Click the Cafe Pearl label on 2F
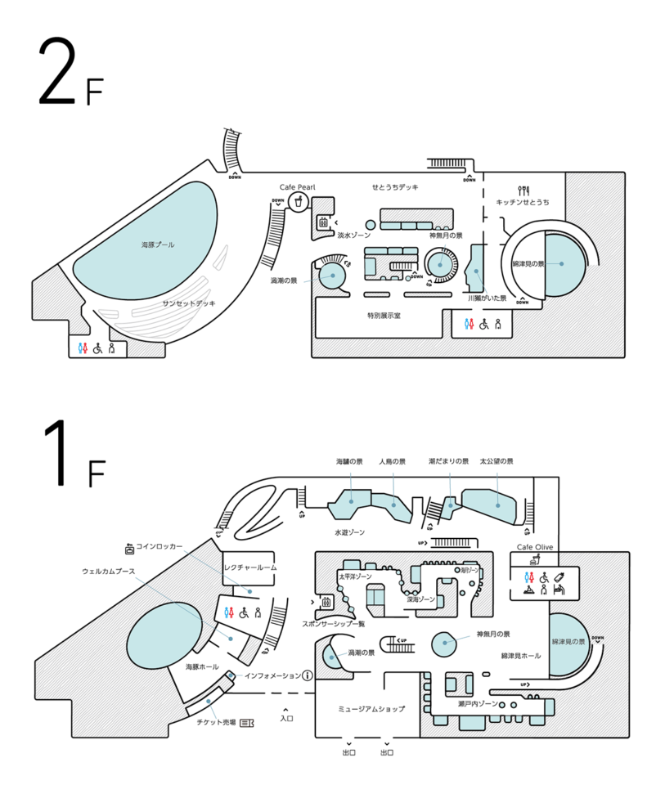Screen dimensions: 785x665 pyautogui.click(x=297, y=187)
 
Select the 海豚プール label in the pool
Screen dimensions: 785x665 pyautogui.click(x=158, y=244)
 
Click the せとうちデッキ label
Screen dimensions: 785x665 pyautogui.click(x=395, y=187)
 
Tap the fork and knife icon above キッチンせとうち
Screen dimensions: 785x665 pyautogui.click(x=522, y=191)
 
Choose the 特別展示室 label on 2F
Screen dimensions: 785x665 pyautogui.click(x=384, y=316)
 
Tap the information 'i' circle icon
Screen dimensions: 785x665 pyautogui.click(x=308, y=675)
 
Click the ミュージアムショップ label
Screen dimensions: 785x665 pyautogui.click(x=371, y=709)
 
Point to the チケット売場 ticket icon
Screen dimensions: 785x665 pyautogui.click(x=245, y=723)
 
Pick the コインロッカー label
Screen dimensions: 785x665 pyautogui.click(x=159, y=546)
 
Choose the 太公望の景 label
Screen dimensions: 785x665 pyautogui.click(x=497, y=462)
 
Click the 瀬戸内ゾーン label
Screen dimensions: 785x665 pyautogui.click(x=477, y=703)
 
